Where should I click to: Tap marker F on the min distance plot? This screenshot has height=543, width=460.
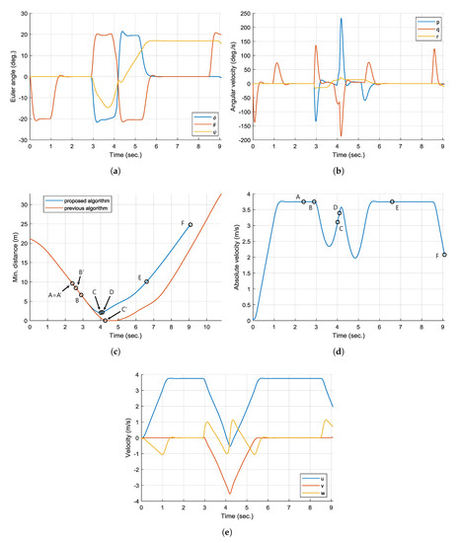(x=191, y=225)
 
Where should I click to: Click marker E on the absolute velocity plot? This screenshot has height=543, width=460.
(x=392, y=201)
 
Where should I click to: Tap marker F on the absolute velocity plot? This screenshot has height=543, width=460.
(x=444, y=255)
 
